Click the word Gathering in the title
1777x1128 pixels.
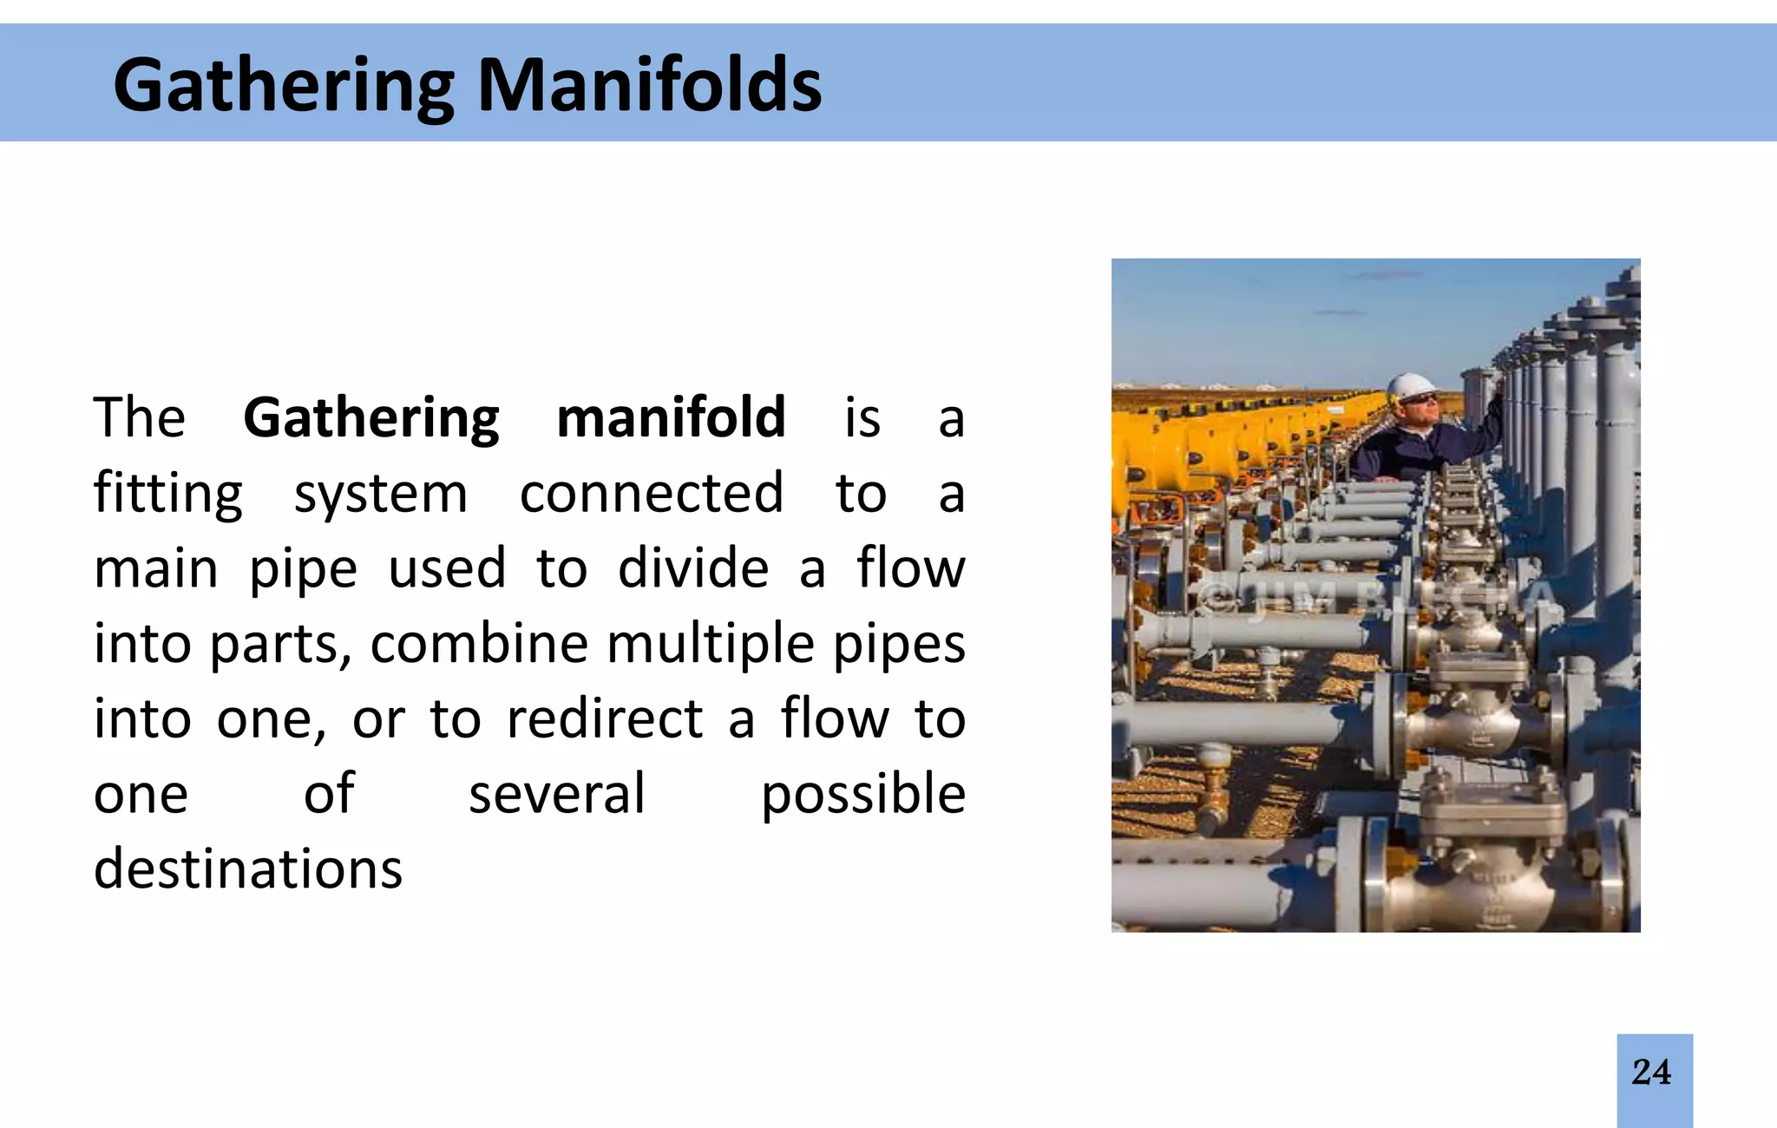pyautogui.click(x=284, y=85)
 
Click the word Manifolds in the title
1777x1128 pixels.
pyautogui.click(x=649, y=85)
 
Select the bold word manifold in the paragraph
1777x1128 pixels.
pyautogui.click(x=671, y=417)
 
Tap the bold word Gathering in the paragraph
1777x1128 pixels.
pyautogui.click(x=370, y=417)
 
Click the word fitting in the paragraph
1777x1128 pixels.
pyautogui.click(x=168, y=493)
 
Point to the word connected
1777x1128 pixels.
pyautogui.click(x=651, y=493)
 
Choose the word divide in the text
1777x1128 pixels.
pyautogui.click(x=693, y=568)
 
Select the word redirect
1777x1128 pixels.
pyautogui.click(x=604, y=719)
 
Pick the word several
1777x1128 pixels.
pyautogui.click(x=557, y=794)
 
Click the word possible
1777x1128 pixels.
pyautogui.click(x=862, y=794)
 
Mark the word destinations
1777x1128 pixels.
pyautogui.click(x=248, y=869)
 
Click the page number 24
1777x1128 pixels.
pyautogui.click(x=1651, y=1072)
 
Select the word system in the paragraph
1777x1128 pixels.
pyautogui.click(x=381, y=493)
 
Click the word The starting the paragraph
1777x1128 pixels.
pyautogui.click(x=139, y=417)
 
